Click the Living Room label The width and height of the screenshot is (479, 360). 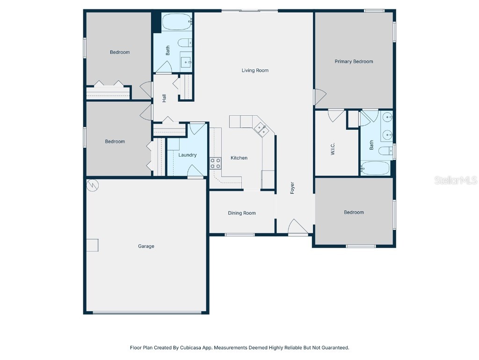click(255, 71)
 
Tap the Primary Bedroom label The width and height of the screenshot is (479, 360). click(354, 61)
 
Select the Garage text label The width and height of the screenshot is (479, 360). click(146, 246)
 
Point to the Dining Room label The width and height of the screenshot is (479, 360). click(242, 213)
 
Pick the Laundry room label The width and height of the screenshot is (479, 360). click(187, 155)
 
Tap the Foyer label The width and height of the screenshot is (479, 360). click(292, 188)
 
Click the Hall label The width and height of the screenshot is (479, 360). click(164, 98)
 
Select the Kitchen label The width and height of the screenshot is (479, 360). click(239, 158)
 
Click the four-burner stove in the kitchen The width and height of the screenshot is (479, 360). click(216, 164)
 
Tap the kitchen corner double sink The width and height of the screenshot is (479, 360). click(260, 129)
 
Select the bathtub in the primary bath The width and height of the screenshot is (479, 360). click(375, 168)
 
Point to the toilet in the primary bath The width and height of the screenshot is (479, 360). click(386, 151)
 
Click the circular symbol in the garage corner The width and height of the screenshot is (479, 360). click(93, 185)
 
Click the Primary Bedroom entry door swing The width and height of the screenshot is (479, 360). click(319, 97)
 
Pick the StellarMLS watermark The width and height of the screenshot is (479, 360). click(455, 180)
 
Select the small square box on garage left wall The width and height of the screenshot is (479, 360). click(92, 245)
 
